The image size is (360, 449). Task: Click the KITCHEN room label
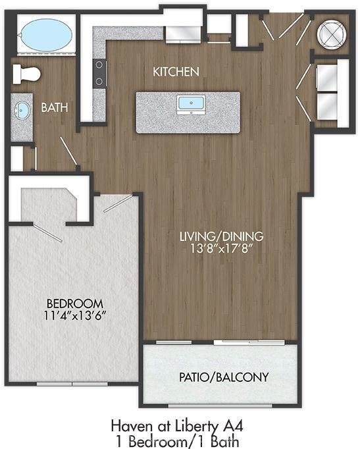[176, 72]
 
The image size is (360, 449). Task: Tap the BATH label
[55, 108]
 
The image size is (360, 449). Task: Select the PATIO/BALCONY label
[224, 377]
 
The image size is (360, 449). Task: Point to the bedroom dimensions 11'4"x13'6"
[75, 315]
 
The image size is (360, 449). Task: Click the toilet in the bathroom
[26, 74]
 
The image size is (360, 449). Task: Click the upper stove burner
[99, 65]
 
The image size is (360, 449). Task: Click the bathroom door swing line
[68, 151]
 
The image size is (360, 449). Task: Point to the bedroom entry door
[118, 203]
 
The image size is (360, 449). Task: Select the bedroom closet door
[47, 232]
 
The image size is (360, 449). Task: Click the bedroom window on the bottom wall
[72, 384]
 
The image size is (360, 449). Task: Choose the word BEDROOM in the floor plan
[75, 304]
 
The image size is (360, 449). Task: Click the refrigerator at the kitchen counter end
[184, 34]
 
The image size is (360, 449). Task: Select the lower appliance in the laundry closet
[328, 106]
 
